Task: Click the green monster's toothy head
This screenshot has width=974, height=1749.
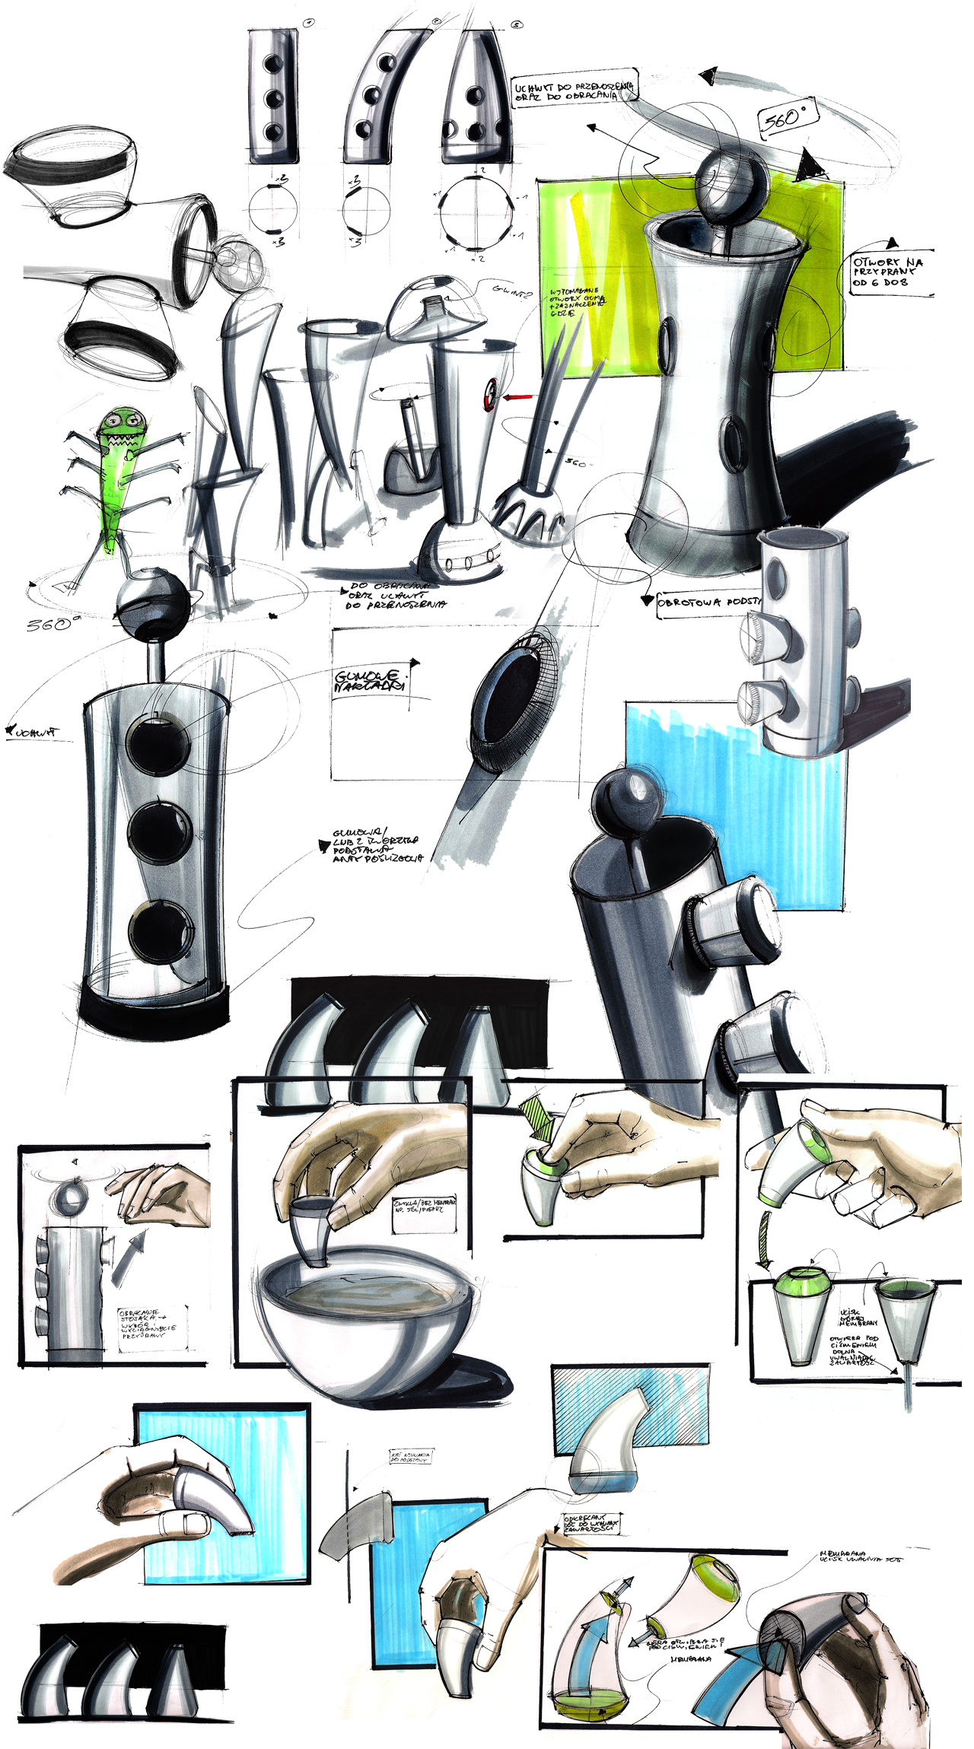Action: [x=124, y=431]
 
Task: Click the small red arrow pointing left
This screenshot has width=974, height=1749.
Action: [x=517, y=397]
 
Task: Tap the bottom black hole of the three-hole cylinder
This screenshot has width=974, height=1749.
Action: [x=160, y=933]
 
